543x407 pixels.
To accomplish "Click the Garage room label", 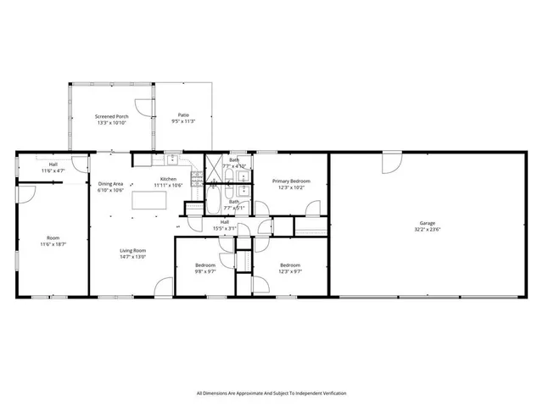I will pos(427,223).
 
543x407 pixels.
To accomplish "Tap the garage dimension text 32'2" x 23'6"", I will pos(427,229).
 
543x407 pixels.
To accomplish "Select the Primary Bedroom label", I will pos(291,181).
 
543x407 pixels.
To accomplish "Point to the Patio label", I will pos(183,115).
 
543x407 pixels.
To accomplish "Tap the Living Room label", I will pos(132,251).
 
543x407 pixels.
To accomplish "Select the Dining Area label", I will pos(111,184).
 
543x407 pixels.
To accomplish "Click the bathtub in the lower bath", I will pos(216,203).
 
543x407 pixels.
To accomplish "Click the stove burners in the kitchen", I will pos(195,177).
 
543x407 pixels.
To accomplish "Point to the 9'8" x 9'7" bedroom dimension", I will pos(205,271).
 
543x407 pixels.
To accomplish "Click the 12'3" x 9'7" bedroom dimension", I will pos(291,271).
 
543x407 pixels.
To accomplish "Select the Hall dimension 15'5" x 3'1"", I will pos(225,228).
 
